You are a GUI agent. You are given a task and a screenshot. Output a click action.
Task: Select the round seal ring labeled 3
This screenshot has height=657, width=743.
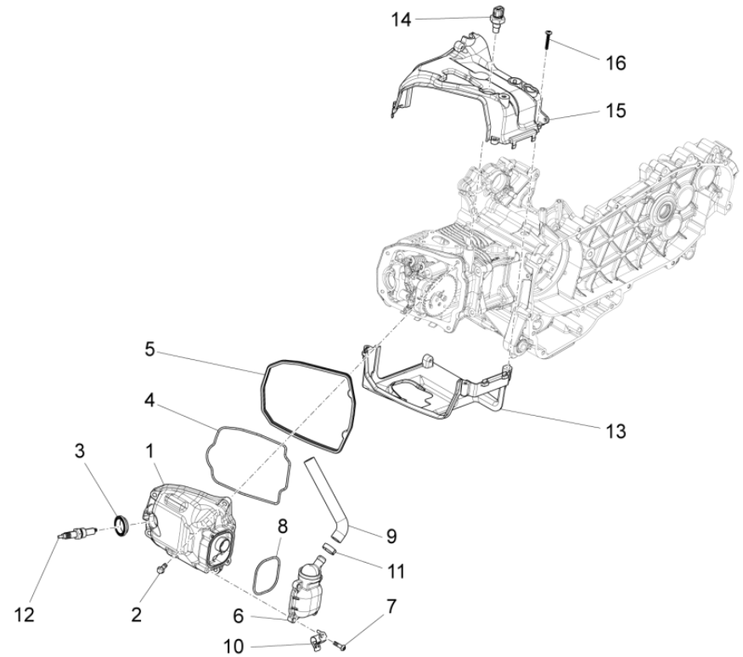(x=123, y=526)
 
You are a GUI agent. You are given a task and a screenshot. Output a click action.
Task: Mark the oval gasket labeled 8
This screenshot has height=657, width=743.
(x=268, y=576)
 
